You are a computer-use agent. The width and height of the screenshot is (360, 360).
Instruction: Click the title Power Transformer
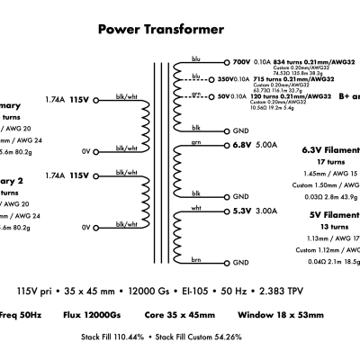(160, 30)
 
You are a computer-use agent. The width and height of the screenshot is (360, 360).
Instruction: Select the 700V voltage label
(242, 63)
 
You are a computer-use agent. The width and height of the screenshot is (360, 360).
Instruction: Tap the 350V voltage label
(230, 79)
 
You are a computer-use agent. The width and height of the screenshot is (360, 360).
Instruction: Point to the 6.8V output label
(240, 144)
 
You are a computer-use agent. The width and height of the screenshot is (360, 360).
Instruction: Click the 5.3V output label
(240, 211)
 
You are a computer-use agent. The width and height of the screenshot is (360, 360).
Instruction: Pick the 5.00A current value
(267, 144)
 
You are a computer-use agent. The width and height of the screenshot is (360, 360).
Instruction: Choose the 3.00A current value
(267, 211)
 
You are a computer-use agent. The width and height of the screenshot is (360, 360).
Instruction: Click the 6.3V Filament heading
(331, 150)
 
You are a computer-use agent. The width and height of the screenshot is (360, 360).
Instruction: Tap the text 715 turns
(276, 79)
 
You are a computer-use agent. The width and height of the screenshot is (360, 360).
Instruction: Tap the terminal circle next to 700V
(225, 63)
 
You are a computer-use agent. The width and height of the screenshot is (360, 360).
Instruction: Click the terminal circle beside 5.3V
(225, 211)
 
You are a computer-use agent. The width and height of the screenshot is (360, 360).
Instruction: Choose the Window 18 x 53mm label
(279, 315)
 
